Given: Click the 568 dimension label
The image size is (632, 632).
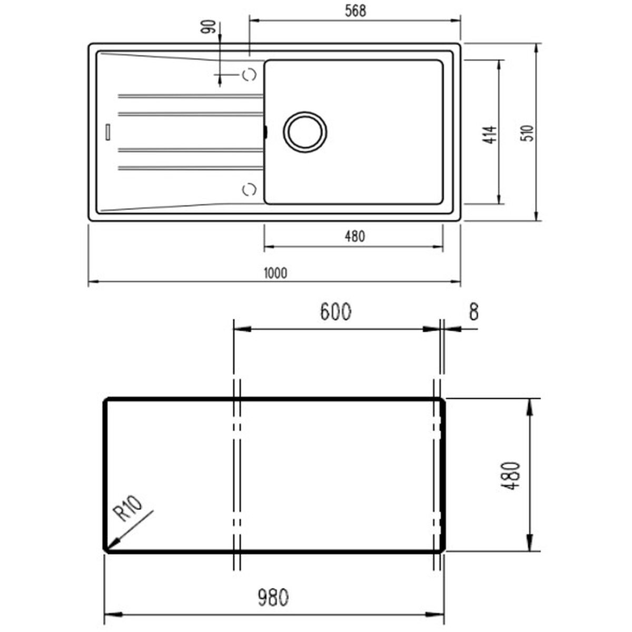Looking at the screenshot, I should click(357, 11).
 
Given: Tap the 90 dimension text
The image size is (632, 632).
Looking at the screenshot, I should click(210, 27).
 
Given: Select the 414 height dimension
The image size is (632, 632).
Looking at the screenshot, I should click(490, 135).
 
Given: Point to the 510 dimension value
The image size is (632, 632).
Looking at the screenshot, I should click(527, 133).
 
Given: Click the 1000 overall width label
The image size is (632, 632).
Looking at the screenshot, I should click(275, 273).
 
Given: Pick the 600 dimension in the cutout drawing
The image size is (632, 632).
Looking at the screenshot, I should click(335, 312).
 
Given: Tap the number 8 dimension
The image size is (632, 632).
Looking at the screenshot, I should click(473, 312).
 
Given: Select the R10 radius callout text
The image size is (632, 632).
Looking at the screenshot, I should click(129, 509).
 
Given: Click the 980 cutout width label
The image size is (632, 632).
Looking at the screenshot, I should click(273, 598).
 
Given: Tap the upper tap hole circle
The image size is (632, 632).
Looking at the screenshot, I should click(249, 75).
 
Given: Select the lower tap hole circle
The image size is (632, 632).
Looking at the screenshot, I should click(249, 189).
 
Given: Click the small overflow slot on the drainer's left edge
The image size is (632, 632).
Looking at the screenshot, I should click(108, 132).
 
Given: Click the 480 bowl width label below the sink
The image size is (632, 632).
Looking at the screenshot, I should click(354, 236).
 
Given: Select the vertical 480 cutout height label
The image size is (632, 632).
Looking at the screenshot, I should click(510, 476).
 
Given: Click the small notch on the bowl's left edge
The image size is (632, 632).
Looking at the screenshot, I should click(265, 132).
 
